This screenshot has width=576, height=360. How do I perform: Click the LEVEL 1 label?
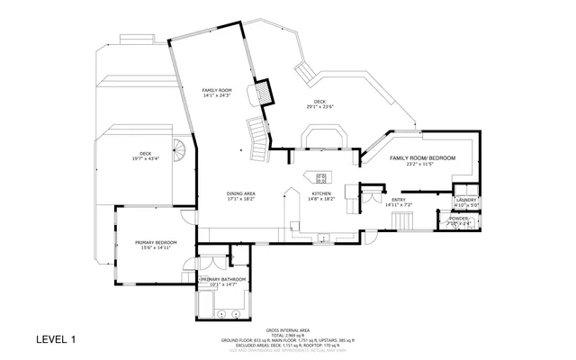point(56,339)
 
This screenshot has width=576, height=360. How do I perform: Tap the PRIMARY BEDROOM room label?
point(156,243)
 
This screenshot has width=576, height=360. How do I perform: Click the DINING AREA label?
point(240,194)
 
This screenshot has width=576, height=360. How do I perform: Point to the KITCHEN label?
point(322,194)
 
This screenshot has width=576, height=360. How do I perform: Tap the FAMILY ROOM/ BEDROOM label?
point(422,158)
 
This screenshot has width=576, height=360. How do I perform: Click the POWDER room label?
point(458,218)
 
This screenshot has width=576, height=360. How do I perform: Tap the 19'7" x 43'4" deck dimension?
point(146,158)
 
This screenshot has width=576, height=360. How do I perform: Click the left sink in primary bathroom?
point(221,313)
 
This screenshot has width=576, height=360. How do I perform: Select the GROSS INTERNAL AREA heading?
point(288,331)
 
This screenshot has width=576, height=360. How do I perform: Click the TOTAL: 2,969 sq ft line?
point(288,336)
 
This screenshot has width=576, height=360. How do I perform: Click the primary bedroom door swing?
point(185,216)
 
